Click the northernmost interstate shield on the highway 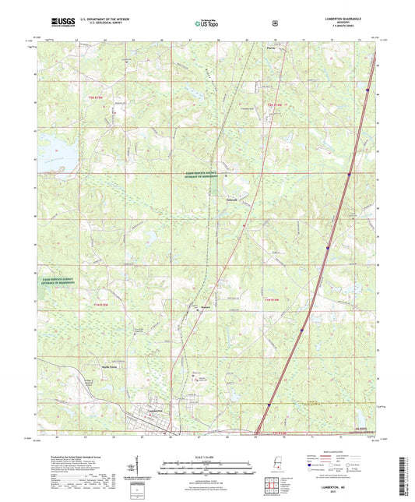(366, 91)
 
